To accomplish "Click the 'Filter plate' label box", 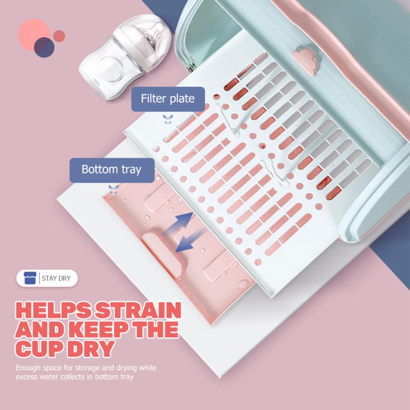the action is tap(168, 99).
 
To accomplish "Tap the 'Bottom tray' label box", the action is tap(112, 170).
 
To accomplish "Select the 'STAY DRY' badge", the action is tap(47, 278).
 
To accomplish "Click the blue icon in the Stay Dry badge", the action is tap(30, 278).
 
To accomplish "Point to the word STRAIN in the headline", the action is tap(138, 310).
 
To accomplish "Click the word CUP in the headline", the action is tap(39, 348).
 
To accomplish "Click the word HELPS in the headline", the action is tap(54, 310).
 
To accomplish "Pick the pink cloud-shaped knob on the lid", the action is tap(305, 60).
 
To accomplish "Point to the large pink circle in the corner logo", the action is tap(34, 34).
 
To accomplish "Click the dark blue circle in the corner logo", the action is tap(44, 47).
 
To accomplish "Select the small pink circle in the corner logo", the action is tap(59, 36).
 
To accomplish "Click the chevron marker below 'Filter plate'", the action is tap(168, 119).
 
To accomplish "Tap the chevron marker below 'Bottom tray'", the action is tap(114, 189).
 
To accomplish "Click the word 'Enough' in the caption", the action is tap(28, 368).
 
